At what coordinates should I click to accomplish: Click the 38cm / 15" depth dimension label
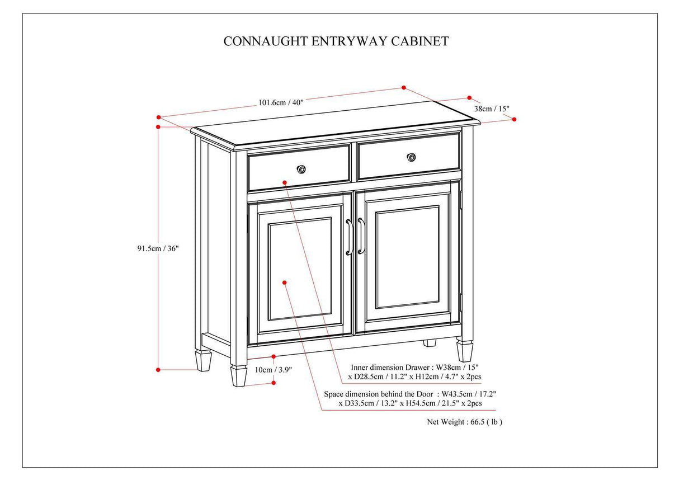click(x=492, y=109)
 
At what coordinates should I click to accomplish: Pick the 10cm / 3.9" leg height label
click(x=274, y=370)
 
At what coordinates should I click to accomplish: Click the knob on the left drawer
click(x=301, y=169)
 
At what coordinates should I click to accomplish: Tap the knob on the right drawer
click(x=412, y=157)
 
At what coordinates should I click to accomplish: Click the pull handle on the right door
click(x=361, y=236)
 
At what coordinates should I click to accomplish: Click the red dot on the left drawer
click(x=285, y=182)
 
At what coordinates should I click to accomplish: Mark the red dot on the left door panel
click(x=285, y=283)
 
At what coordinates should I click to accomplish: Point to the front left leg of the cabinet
click(x=239, y=377)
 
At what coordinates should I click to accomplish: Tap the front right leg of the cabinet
click(x=464, y=351)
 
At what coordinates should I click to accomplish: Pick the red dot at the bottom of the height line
click(x=158, y=369)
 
